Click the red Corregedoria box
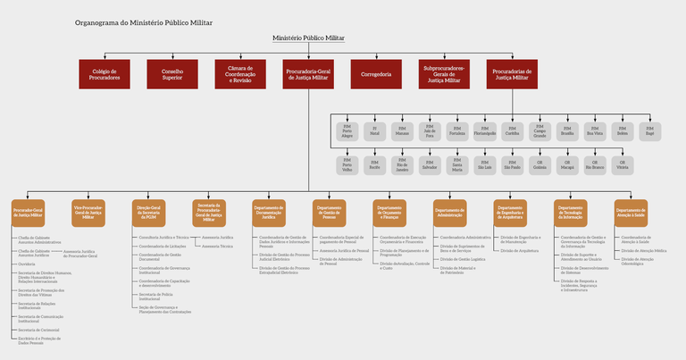click(376, 73)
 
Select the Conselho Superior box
click(172, 73)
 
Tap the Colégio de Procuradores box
click(105, 73)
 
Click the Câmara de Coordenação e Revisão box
click(240, 73)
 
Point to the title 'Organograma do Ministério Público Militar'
click(150, 21)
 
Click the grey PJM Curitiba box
click(512, 132)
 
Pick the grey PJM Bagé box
click(650, 132)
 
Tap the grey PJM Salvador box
click(429, 165)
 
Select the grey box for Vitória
click(623, 165)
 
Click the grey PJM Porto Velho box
click(347, 165)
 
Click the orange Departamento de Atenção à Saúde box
click(630, 212)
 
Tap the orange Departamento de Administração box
click(449, 212)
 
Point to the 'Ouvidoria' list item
click(27, 264)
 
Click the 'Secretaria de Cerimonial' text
click(38, 330)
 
